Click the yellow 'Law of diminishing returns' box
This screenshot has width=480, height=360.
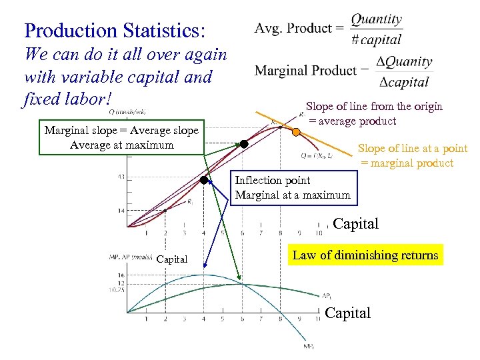pos(365,255)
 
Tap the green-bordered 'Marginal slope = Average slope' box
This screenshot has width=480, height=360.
pos(121,138)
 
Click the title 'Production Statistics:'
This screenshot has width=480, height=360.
pos(115,31)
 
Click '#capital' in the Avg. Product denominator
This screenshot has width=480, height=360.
pos(377,40)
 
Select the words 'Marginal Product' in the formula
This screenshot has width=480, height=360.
pos(305,71)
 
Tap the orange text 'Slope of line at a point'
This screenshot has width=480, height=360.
pos(413,149)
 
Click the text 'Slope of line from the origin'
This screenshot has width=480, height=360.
pos(374,106)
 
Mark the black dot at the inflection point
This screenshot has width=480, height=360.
pos(204,179)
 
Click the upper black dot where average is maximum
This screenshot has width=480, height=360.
pos(244,143)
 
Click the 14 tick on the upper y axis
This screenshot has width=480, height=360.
pos(121,211)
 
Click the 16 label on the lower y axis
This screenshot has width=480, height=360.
pos(120,275)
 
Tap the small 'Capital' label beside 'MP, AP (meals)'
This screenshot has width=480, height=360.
pos(172,259)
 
